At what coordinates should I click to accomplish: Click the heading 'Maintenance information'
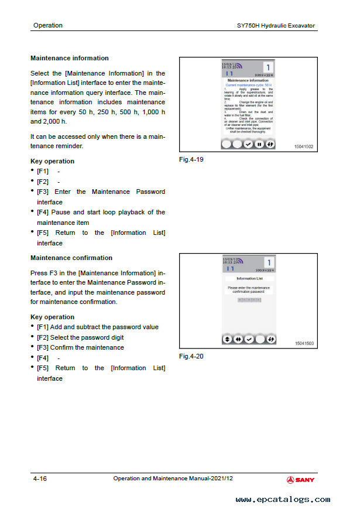click(x=69, y=58)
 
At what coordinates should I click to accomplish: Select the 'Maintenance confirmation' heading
click(x=71, y=258)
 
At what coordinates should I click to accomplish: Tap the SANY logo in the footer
click(x=300, y=480)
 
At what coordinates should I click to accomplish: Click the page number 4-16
click(x=40, y=479)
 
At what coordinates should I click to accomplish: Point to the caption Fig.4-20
click(x=191, y=356)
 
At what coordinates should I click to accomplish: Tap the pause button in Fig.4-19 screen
click(x=259, y=144)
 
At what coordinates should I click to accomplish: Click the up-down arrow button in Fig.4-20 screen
click(x=227, y=339)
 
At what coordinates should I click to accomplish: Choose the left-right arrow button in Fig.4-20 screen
click(x=238, y=339)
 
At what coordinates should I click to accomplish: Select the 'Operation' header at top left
click(x=48, y=25)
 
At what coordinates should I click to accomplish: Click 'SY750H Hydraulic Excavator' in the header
click(x=275, y=25)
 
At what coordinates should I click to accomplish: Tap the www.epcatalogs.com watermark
click(x=283, y=500)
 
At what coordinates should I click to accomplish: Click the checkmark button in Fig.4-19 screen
click(x=249, y=144)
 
